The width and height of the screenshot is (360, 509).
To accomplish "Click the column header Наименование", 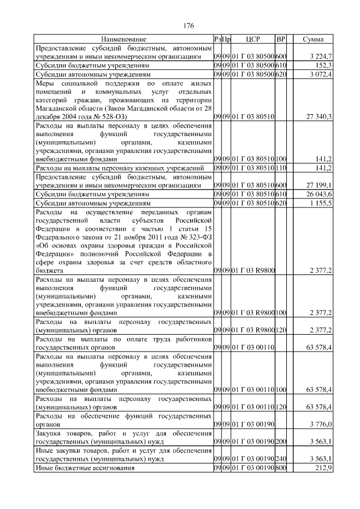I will pyautogui.click(x=124, y=39).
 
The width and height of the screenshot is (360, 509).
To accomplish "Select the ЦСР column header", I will pyautogui.click(x=253, y=39).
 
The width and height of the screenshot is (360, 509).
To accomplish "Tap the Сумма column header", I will pyautogui.click(x=313, y=39).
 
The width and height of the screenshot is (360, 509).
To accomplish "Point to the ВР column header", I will pyautogui.click(x=281, y=39).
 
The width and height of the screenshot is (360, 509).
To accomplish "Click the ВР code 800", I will pyautogui.click(x=281, y=468).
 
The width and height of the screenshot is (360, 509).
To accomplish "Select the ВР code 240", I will pyautogui.click(x=281, y=460).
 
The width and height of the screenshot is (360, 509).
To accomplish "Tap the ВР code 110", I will pyautogui.click(x=281, y=168).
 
